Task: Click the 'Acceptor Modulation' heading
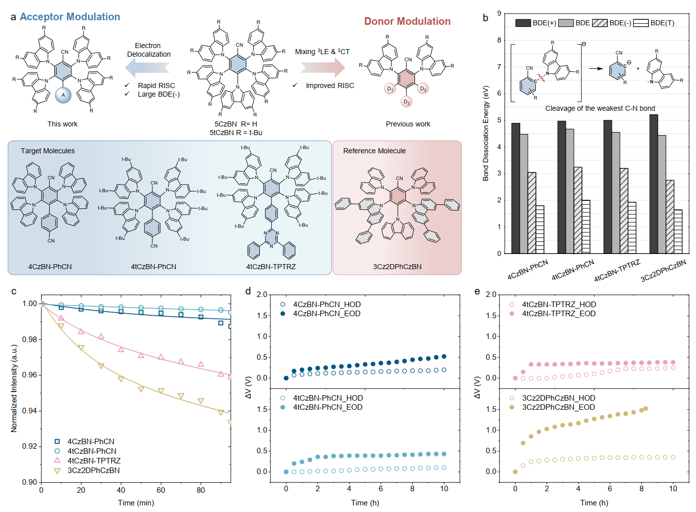tap(70, 17)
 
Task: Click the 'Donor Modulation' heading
tap(407, 21)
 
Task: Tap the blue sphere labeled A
tap(63, 95)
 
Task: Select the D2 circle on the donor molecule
tap(406, 102)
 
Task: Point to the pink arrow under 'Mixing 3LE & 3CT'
tap(323, 67)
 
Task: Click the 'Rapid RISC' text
tap(156, 86)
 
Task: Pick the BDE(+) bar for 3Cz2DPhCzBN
tap(653, 184)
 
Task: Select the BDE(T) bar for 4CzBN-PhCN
tap(540, 229)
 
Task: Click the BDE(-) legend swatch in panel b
tap(600, 23)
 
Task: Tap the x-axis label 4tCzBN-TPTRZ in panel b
tap(617, 271)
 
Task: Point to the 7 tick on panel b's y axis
tap(499, 67)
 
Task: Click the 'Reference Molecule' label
tap(374, 151)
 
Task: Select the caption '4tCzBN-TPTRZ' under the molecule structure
tap(271, 267)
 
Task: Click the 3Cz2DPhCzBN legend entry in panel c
tap(94, 471)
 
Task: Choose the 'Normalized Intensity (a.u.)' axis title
tap(14, 388)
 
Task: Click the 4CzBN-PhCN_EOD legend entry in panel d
tap(327, 314)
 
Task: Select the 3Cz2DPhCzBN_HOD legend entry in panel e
tap(559, 398)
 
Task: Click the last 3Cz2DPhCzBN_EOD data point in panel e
tap(645, 409)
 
